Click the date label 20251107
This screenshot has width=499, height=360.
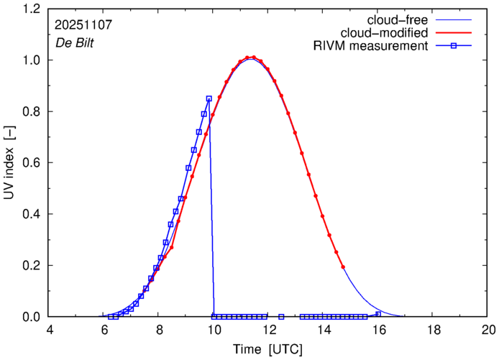[x=82, y=24]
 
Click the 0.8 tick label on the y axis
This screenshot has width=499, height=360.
[x=30, y=111]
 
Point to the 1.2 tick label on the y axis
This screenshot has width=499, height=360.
[x=30, y=9]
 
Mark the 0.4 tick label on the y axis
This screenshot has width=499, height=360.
[x=30, y=214]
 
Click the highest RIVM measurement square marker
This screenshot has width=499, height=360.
[x=209, y=98]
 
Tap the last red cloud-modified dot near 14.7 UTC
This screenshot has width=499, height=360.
[x=343, y=267]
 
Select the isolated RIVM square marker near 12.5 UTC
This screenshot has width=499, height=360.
[x=281, y=317]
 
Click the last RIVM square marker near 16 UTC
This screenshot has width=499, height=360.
[x=378, y=314]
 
